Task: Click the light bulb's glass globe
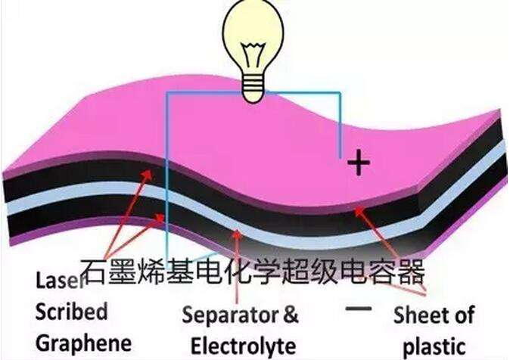[x=253, y=36]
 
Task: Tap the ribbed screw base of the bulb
[x=253, y=88]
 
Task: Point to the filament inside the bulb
[x=253, y=55]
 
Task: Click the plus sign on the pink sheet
[x=359, y=163]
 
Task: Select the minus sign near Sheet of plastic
[x=359, y=309]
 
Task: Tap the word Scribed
[x=71, y=312]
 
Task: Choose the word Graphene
[x=83, y=344]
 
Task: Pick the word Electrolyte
[x=244, y=346]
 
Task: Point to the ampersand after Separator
[x=291, y=315]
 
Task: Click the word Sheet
[x=418, y=315]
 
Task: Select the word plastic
[x=434, y=347]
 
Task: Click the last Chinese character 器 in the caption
[x=411, y=271]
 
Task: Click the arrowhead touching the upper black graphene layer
[x=147, y=175]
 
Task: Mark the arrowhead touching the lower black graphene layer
[x=160, y=218]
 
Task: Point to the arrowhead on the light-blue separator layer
[x=237, y=234]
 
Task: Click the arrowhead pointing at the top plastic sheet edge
[x=360, y=212]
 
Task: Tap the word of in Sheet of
[x=462, y=315]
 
